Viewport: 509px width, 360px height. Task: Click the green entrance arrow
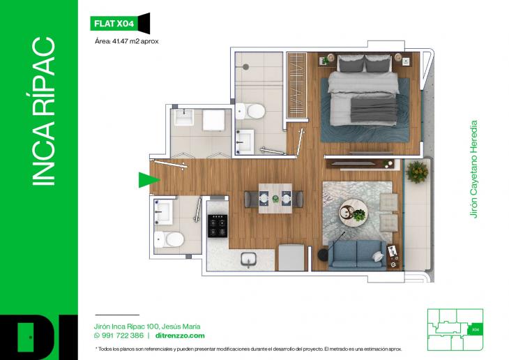(x=146, y=180)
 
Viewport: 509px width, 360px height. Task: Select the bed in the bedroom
(x=363, y=98)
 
